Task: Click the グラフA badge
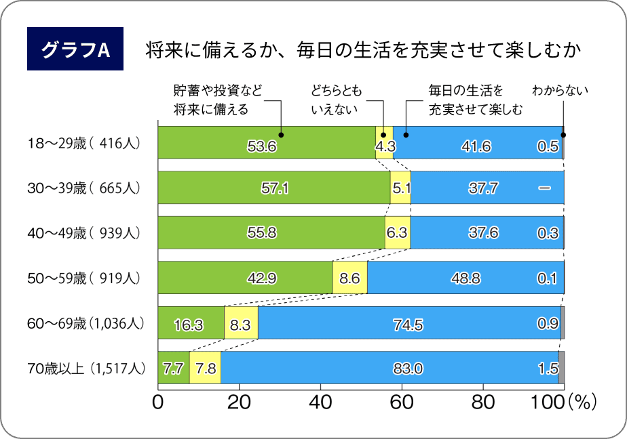click(x=75, y=49)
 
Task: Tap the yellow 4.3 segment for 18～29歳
click(x=384, y=143)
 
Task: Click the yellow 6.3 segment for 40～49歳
click(x=397, y=232)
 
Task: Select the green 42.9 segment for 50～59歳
click(x=245, y=278)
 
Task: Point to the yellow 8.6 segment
click(x=349, y=278)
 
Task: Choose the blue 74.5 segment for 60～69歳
click(x=408, y=322)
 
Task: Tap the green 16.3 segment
click(x=191, y=322)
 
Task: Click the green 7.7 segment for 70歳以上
click(x=173, y=368)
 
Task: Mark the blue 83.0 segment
click(x=389, y=368)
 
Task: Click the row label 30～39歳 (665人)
click(x=83, y=188)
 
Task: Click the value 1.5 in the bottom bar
click(x=548, y=369)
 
